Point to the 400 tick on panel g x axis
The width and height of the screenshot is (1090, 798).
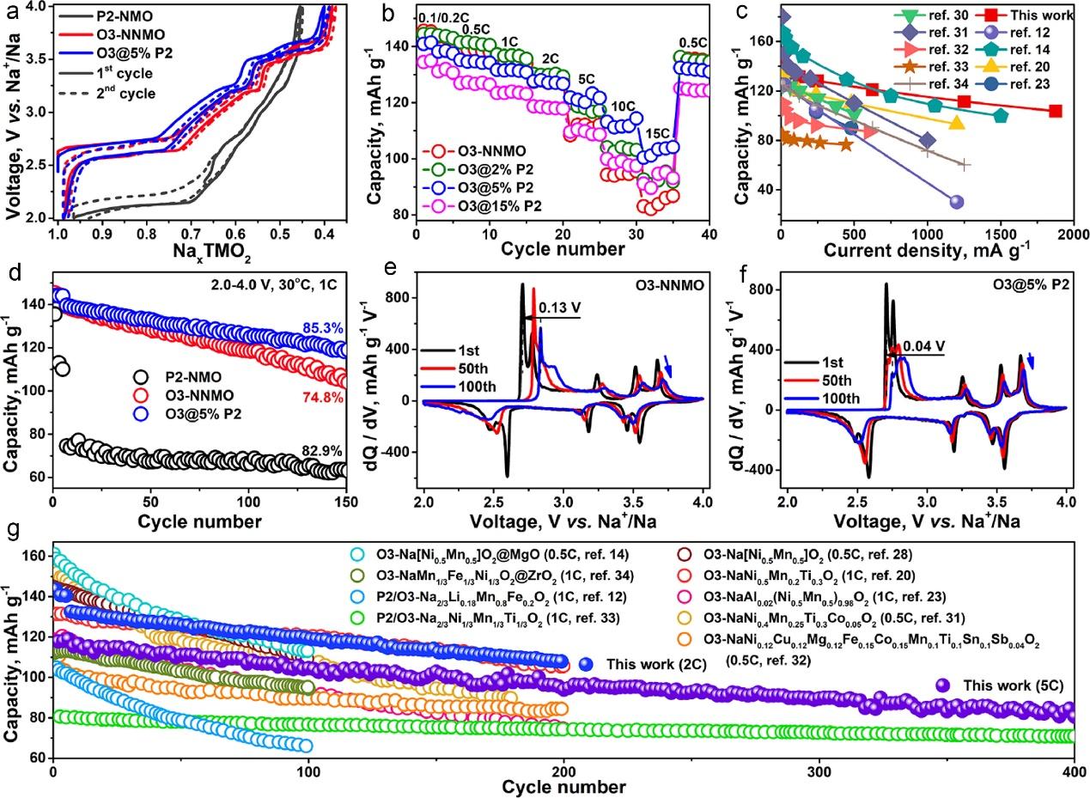(1074, 772)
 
